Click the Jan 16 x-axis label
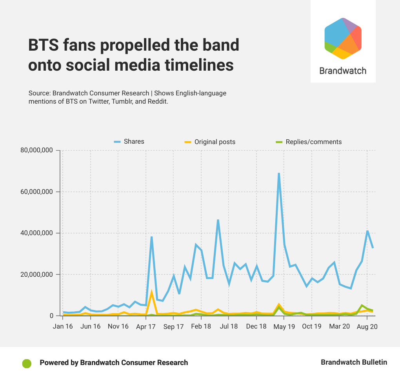[63, 326]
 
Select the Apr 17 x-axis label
[146, 326]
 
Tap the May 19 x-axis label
[284, 326]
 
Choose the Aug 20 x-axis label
[367, 326]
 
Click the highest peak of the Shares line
[279, 173]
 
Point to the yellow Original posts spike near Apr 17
[151, 292]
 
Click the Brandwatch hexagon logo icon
[343, 38]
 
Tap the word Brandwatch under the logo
[343, 71]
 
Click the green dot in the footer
[27, 363]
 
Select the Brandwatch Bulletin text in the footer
[354, 362]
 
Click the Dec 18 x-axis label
[256, 326]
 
